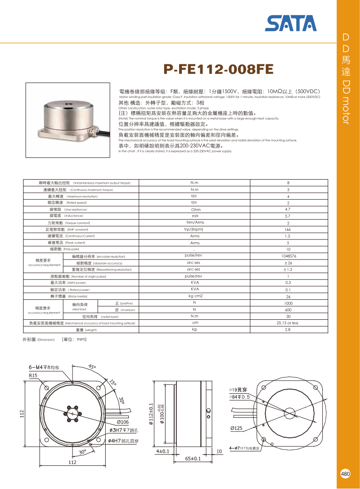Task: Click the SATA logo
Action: (x=291, y=23)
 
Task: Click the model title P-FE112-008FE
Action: (x=219, y=69)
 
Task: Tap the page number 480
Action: (x=345, y=474)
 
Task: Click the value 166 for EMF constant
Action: (x=288, y=230)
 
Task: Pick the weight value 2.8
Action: (x=288, y=329)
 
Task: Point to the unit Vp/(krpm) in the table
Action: (x=194, y=230)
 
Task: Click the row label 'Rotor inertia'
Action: (x=69, y=296)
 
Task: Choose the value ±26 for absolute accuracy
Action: (x=288, y=263)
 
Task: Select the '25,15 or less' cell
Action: (x=288, y=323)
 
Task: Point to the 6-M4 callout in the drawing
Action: (x=43, y=367)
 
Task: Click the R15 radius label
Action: (x=33, y=376)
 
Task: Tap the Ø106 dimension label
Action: (x=120, y=422)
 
